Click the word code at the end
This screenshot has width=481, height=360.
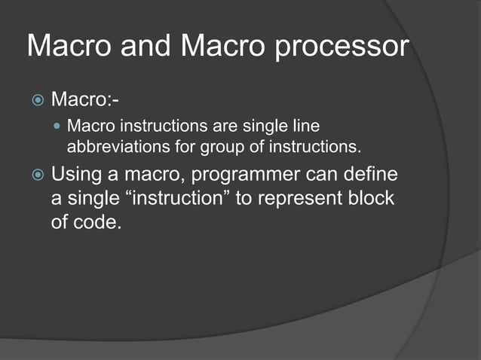pyautogui.click(x=97, y=224)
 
